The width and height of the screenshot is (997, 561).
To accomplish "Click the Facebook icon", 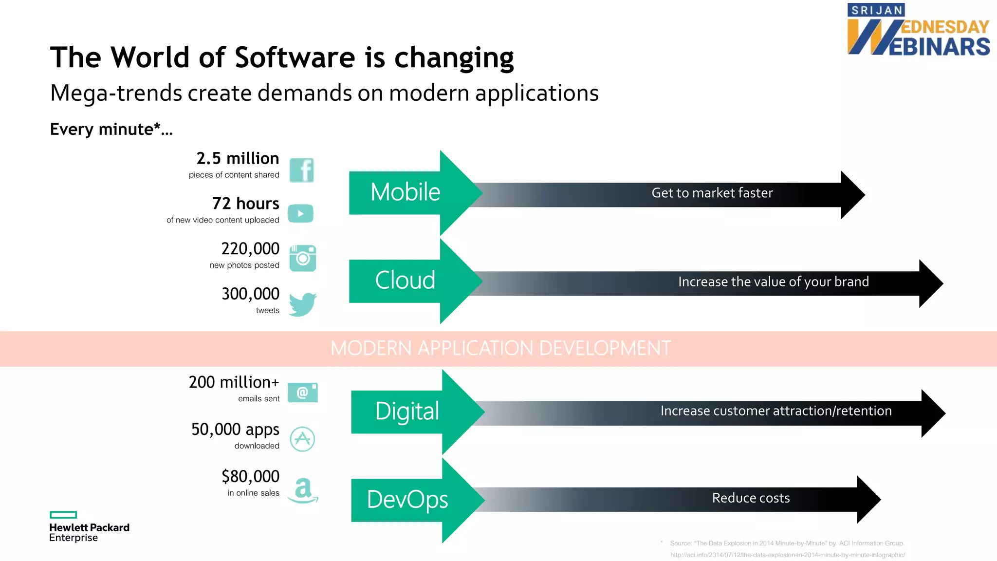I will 302,170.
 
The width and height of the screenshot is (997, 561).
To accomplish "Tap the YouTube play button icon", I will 300,213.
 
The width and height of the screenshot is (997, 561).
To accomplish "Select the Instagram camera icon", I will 302,258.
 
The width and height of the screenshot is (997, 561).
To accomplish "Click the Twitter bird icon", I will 302,304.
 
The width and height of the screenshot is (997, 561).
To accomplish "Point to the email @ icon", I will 302,393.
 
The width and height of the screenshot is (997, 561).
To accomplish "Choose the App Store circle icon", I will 302,439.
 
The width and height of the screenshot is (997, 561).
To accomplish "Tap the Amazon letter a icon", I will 303,489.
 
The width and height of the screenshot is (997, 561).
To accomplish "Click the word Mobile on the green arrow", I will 405,192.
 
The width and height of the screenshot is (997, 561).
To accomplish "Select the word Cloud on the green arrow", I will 405,280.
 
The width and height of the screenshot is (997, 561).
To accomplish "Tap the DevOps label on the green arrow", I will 407,500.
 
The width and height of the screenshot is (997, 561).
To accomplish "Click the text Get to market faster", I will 712,193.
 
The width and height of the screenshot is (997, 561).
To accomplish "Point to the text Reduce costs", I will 751,498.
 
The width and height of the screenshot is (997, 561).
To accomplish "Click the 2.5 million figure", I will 238,159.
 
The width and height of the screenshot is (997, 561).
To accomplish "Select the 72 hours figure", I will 245,204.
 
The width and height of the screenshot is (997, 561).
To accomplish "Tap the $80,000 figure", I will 250,476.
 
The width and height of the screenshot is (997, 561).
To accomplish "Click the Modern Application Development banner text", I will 500,349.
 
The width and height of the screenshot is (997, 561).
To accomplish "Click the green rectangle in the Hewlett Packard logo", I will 63,515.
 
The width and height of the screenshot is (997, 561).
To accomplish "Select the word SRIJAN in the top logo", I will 877,10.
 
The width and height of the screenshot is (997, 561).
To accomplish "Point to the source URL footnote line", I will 787,555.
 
